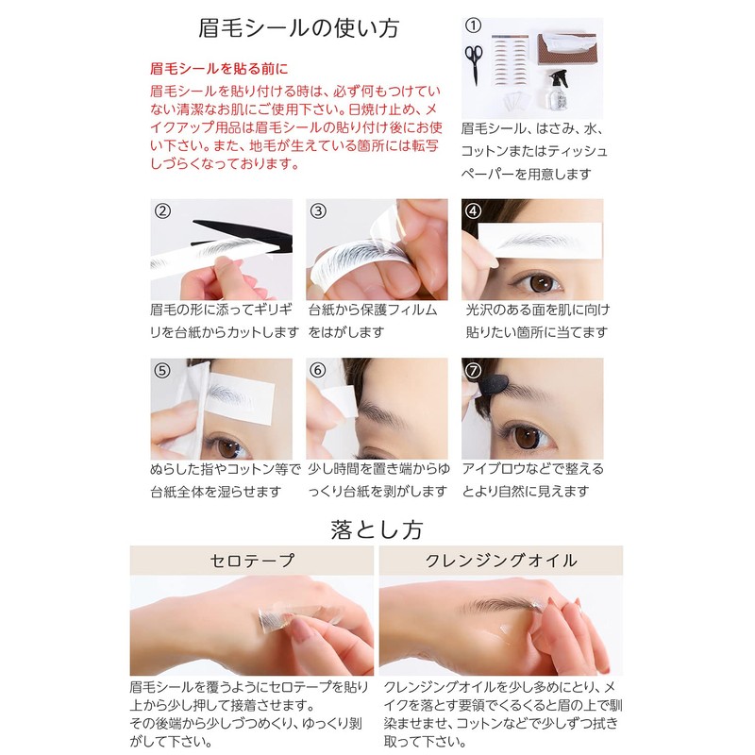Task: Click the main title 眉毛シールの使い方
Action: coord(299,28)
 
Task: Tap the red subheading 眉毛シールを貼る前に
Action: coord(218,69)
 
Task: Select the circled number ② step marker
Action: coord(162,211)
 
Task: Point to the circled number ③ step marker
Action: coord(318,211)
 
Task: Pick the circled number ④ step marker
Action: coord(474,211)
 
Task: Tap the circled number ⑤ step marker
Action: coord(162,371)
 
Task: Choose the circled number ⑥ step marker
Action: coord(318,371)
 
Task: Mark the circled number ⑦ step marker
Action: coord(474,371)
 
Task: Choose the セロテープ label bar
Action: coord(252,561)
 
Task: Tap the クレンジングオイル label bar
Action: coord(502,561)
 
